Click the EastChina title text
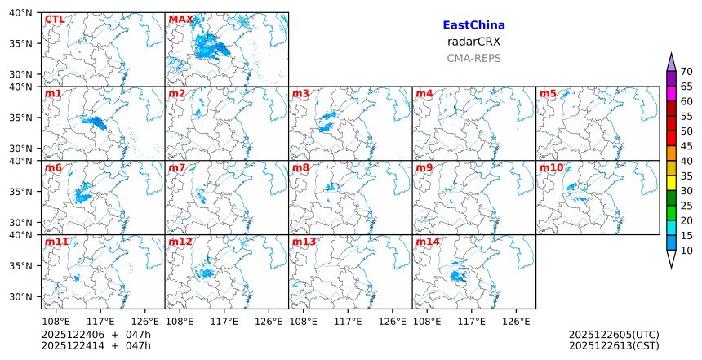473,25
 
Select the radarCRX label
473,42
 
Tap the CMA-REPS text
473,58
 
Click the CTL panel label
55,20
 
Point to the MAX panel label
180,20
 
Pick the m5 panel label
548,94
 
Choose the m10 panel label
551,168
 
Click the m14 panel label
428,242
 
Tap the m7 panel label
177,168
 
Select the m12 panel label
180,242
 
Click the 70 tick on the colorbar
686,72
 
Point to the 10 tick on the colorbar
686,251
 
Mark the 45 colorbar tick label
686,146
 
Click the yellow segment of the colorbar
672,183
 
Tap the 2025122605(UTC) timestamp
614,335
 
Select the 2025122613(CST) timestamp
614,346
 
